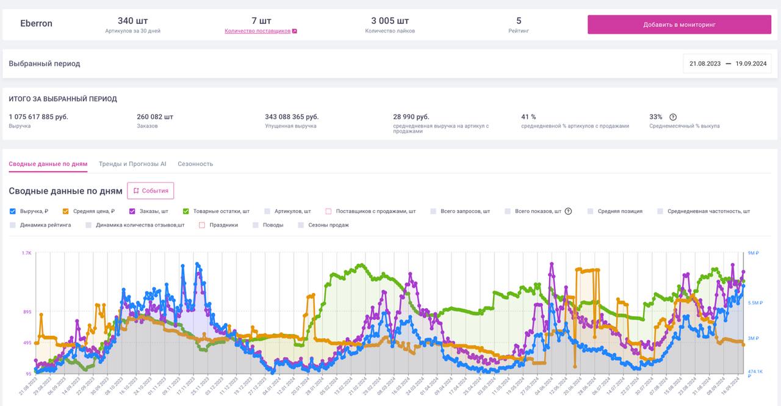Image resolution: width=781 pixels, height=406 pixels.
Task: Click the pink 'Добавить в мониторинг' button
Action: click(679, 24)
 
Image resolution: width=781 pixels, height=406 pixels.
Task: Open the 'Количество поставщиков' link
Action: click(257, 31)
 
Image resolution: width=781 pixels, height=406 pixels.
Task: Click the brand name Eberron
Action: click(37, 24)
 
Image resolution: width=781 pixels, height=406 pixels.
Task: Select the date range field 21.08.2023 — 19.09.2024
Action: click(727, 63)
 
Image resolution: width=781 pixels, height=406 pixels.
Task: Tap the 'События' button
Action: click(150, 190)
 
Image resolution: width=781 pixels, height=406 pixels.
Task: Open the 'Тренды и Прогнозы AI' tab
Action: click(132, 164)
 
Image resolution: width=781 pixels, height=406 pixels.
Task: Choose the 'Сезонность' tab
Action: click(195, 164)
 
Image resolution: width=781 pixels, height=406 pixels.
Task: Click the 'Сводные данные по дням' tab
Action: click(48, 164)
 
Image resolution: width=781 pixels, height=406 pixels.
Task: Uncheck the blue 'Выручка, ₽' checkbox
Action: click(13, 211)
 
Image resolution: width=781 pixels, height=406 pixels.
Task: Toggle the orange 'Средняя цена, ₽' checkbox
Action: click(66, 211)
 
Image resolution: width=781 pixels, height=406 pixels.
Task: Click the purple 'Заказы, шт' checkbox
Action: click(132, 211)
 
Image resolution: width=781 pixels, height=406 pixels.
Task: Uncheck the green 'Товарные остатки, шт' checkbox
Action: click(186, 211)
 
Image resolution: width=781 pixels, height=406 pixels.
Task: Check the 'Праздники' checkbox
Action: click(202, 225)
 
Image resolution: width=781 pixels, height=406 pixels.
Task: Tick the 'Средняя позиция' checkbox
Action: click(591, 211)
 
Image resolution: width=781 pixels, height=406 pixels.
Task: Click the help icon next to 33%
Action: click(673, 117)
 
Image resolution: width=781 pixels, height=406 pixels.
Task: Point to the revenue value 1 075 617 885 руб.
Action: click(38, 117)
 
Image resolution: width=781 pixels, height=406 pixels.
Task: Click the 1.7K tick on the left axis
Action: click(27, 253)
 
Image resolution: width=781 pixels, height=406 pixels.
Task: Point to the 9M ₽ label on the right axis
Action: click(754, 253)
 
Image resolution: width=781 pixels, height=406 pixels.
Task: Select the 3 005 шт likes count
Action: click(390, 21)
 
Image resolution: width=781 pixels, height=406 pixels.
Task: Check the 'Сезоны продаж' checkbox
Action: click(301, 225)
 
